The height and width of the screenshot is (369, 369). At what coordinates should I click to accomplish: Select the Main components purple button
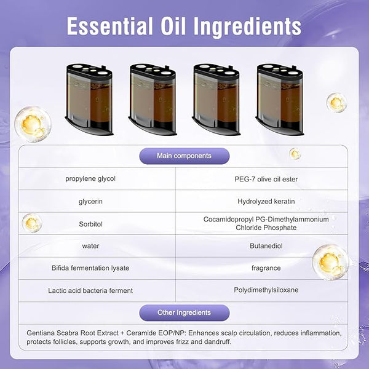(x=184, y=156)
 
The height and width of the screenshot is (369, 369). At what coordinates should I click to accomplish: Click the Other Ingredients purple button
(x=184, y=312)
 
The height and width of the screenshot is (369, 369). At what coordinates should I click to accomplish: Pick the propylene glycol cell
(x=90, y=178)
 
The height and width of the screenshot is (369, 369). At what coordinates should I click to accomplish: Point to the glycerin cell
(x=90, y=202)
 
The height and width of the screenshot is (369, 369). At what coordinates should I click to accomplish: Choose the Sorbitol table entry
(x=90, y=224)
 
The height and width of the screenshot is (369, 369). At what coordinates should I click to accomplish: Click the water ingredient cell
(x=90, y=246)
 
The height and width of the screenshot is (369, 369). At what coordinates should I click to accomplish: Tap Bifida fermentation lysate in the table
(x=90, y=268)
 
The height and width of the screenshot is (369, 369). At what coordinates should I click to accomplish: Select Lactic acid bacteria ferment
(x=90, y=290)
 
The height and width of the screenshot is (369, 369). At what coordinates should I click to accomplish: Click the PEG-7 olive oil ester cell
(x=266, y=179)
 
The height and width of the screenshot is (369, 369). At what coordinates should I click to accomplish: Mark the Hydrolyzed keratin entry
(x=266, y=202)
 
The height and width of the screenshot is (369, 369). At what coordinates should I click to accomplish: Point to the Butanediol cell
(x=266, y=246)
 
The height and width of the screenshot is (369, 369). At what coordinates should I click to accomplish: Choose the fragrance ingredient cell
(x=266, y=268)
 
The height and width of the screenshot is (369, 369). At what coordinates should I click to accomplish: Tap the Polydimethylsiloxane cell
(x=266, y=290)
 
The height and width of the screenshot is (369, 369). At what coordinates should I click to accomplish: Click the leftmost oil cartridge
(x=89, y=99)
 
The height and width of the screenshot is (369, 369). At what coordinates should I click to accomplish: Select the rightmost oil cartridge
(x=280, y=99)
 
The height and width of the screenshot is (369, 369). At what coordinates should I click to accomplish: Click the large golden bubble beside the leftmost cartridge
(x=33, y=124)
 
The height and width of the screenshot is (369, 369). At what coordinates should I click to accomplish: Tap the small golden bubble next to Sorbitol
(x=32, y=223)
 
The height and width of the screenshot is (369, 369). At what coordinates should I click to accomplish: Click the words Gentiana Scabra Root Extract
(x=73, y=333)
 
